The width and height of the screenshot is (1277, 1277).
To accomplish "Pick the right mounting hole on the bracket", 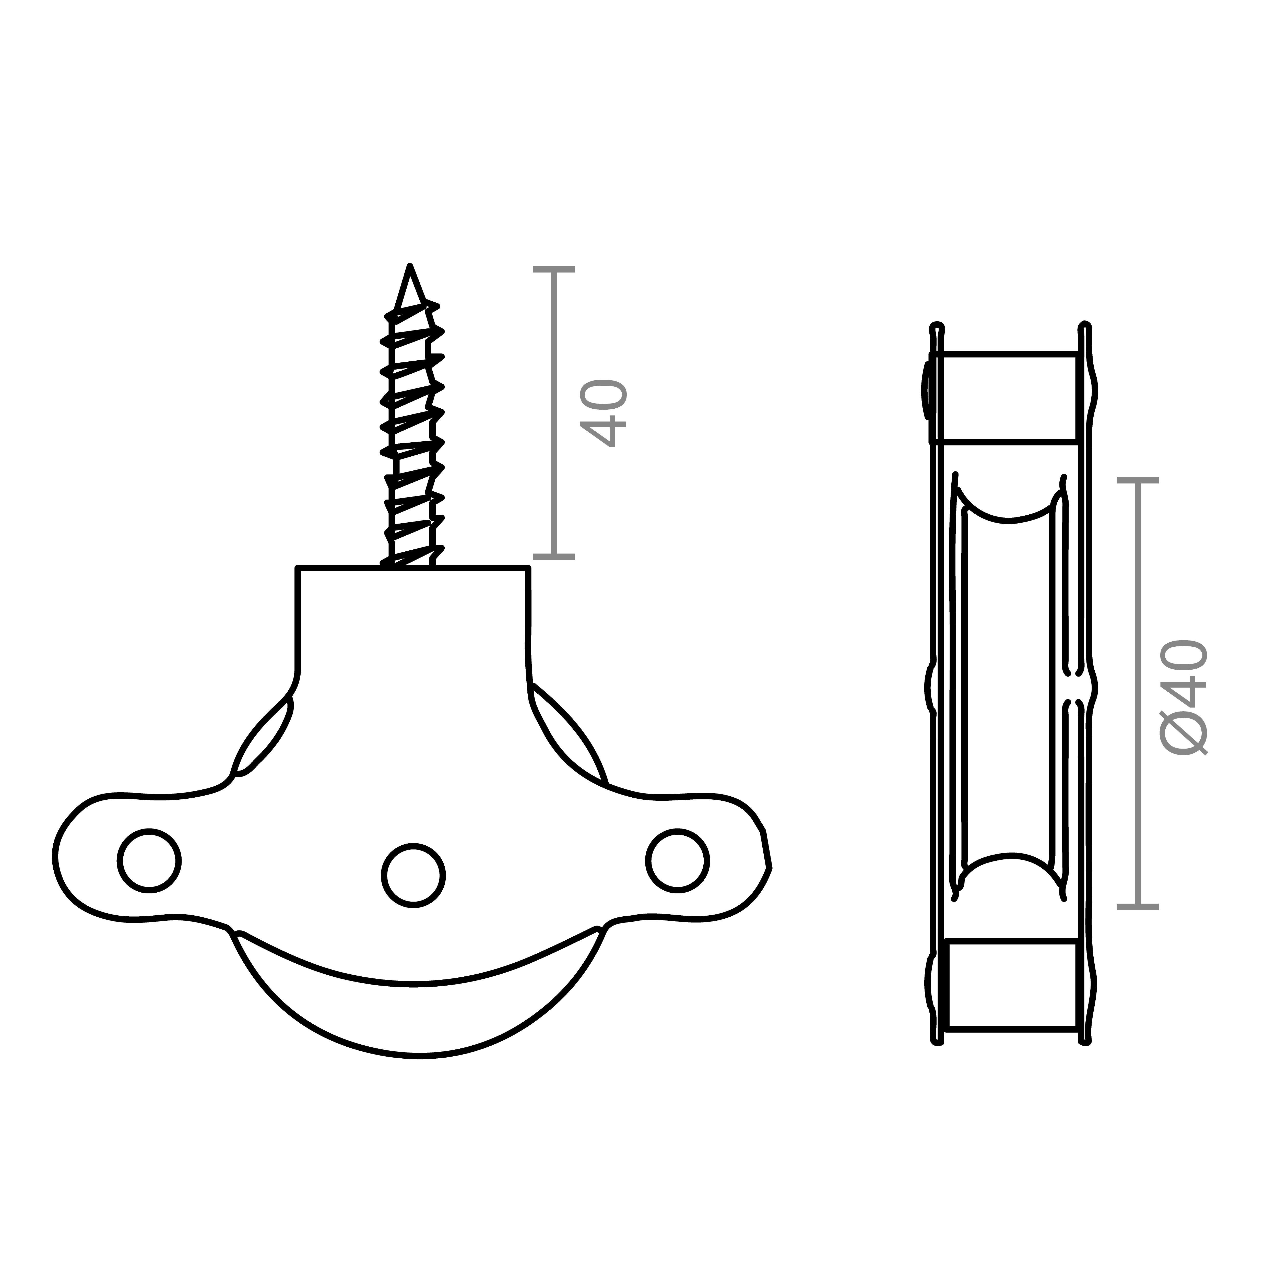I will click(x=678, y=861).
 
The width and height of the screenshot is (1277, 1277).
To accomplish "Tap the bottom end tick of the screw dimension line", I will click(x=554, y=557).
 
